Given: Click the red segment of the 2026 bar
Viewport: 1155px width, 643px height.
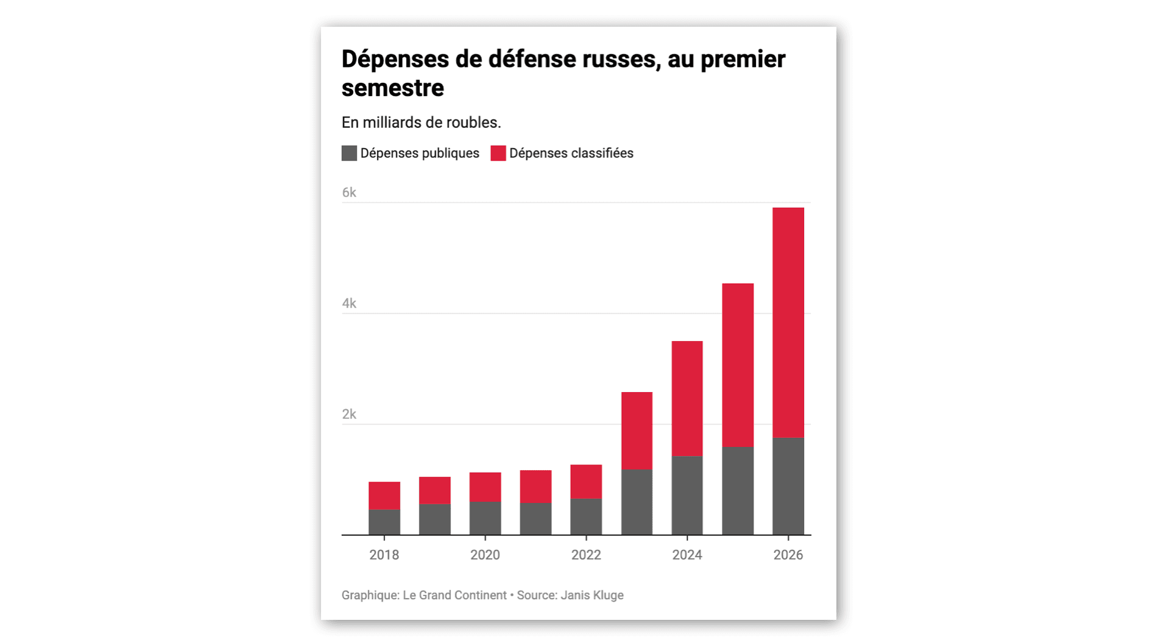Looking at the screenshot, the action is [x=788, y=323].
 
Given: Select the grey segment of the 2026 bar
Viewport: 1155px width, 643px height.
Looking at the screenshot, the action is [x=788, y=487].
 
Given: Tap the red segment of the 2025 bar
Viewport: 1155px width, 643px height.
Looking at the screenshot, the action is [x=738, y=365].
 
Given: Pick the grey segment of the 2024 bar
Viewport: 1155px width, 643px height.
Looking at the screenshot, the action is [x=687, y=496].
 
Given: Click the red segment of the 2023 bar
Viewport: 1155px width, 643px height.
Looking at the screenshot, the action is [x=637, y=431].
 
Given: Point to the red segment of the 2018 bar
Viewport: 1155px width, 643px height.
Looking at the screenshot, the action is [x=384, y=496].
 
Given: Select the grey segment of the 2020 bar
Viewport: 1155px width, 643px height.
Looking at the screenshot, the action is [x=485, y=518].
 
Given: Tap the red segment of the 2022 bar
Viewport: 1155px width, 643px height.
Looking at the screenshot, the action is [x=586, y=482].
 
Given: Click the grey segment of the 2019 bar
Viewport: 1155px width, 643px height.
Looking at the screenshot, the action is [x=435, y=519].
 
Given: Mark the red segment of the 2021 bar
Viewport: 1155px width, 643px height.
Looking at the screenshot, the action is [x=535, y=487].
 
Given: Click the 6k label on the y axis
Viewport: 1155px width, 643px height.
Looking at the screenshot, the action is [x=349, y=192].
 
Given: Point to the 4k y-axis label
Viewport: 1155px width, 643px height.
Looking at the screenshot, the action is [x=349, y=303].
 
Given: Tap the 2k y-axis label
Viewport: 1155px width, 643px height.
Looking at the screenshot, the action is [x=349, y=414].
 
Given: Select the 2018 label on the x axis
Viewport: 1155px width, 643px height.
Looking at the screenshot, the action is [x=384, y=555].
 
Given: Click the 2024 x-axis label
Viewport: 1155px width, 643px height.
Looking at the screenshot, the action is [x=687, y=555].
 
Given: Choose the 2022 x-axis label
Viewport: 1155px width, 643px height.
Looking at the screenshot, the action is [x=586, y=555].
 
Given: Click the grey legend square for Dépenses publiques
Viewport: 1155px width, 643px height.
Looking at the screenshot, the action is [x=349, y=153].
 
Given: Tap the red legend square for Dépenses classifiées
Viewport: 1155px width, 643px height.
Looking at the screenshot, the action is [x=498, y=153].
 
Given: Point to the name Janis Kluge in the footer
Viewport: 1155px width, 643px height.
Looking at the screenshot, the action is [x=592, y=596].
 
